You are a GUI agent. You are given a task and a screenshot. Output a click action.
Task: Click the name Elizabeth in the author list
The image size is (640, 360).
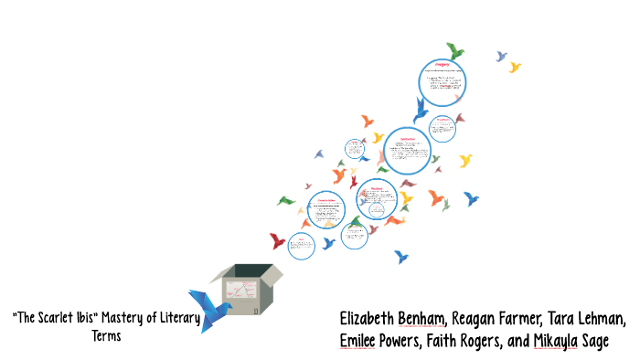tap(367, 319)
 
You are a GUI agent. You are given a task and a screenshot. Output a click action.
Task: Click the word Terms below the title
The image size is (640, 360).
tap(107, 335)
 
